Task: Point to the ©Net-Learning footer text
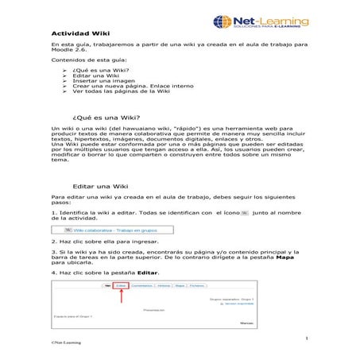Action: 67,345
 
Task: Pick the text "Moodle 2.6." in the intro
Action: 68,60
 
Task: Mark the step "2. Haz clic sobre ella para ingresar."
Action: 99,240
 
